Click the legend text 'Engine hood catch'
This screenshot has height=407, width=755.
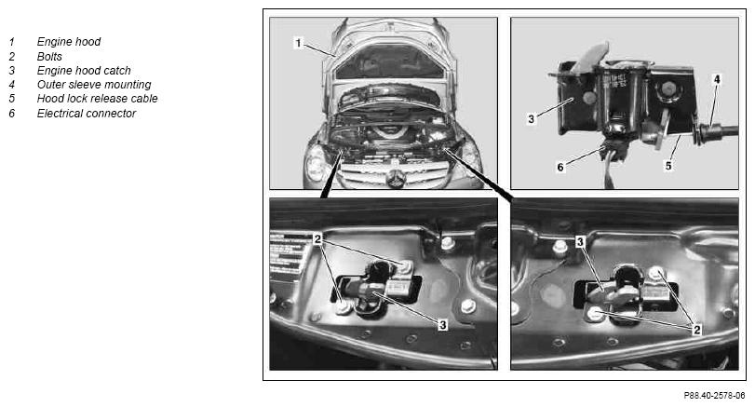click(84, 71)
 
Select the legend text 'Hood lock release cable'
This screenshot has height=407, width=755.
click(97, 99)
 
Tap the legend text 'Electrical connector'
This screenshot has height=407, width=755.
click(87, 114)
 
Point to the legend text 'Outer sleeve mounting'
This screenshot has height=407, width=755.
click(94, 85)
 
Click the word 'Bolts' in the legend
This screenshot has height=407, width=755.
click(49, 57)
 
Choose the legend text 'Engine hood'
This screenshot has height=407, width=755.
click(69, 42)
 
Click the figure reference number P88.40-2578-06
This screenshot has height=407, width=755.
click(714, 396)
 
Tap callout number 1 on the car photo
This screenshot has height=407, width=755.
click(299, 43)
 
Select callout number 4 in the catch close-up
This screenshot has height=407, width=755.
click(717, 79)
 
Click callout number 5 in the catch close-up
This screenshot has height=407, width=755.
click(668, 166)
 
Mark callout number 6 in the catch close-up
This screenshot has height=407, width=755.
click(560, 167)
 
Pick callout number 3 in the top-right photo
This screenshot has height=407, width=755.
click(531, 119)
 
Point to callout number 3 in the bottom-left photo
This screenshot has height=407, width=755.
click(442, 325)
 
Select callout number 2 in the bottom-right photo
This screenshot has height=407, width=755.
click(696, 330)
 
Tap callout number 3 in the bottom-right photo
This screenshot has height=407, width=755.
click(580, 242)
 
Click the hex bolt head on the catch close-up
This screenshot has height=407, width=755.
click(668, 89)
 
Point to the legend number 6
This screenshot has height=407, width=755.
click(12, 114)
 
